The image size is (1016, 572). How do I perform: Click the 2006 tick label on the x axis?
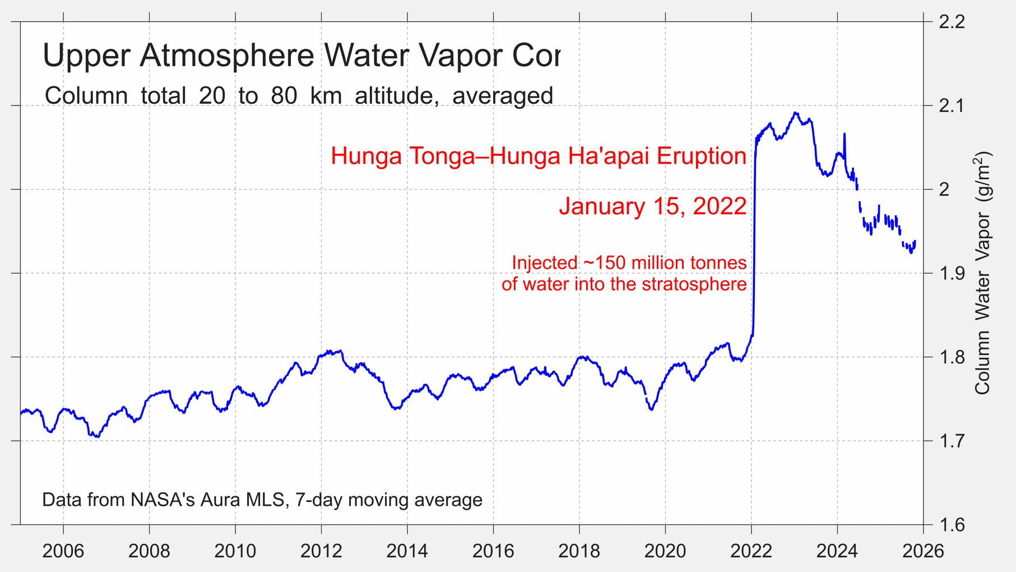[x=63, y=551]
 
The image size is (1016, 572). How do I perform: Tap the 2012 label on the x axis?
[x=321, y=551]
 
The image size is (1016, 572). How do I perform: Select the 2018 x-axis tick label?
[x=579, y=551]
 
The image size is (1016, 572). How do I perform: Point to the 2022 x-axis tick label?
[x=751, y=551]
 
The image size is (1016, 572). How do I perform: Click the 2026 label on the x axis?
[x=923, y=551]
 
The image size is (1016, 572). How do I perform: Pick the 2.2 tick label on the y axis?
[x=951, y=22]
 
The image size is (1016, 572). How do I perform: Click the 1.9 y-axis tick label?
[x=951, y=273]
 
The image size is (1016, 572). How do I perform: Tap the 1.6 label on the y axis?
[x=951, y=525]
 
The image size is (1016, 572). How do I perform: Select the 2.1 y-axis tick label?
[x=951, y=105]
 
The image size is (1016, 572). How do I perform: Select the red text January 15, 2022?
[x=652, y=206]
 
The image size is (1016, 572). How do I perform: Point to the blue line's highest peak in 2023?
[x=796, y=113]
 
